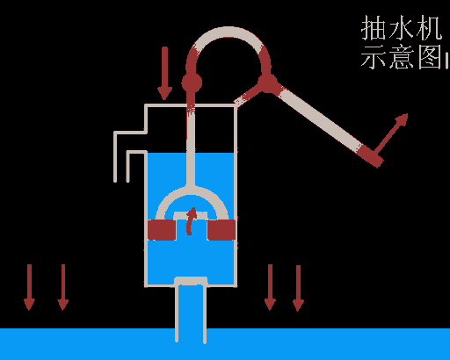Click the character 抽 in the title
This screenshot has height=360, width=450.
coord(373,28)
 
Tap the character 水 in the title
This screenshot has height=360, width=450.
coord(401,28)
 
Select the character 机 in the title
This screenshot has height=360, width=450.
coord(429,28)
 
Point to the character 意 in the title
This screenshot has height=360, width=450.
coord(402,56)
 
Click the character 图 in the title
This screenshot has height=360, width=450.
coord(430,56)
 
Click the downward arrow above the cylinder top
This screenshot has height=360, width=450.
coord(164,73)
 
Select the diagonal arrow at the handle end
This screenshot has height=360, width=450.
coord(390,134)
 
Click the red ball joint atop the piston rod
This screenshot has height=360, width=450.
coord(192,83)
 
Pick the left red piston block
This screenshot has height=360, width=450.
coord(162,230)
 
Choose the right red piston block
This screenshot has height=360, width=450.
coord(221,230)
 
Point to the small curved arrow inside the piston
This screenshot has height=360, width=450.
coord(191,221)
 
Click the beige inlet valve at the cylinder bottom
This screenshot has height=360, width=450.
coord(191,281)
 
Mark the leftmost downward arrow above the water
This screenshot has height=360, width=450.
coord(29,287)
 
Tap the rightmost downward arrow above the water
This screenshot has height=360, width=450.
coord(298,288)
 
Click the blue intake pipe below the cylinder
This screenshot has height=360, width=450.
coord(191,313)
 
